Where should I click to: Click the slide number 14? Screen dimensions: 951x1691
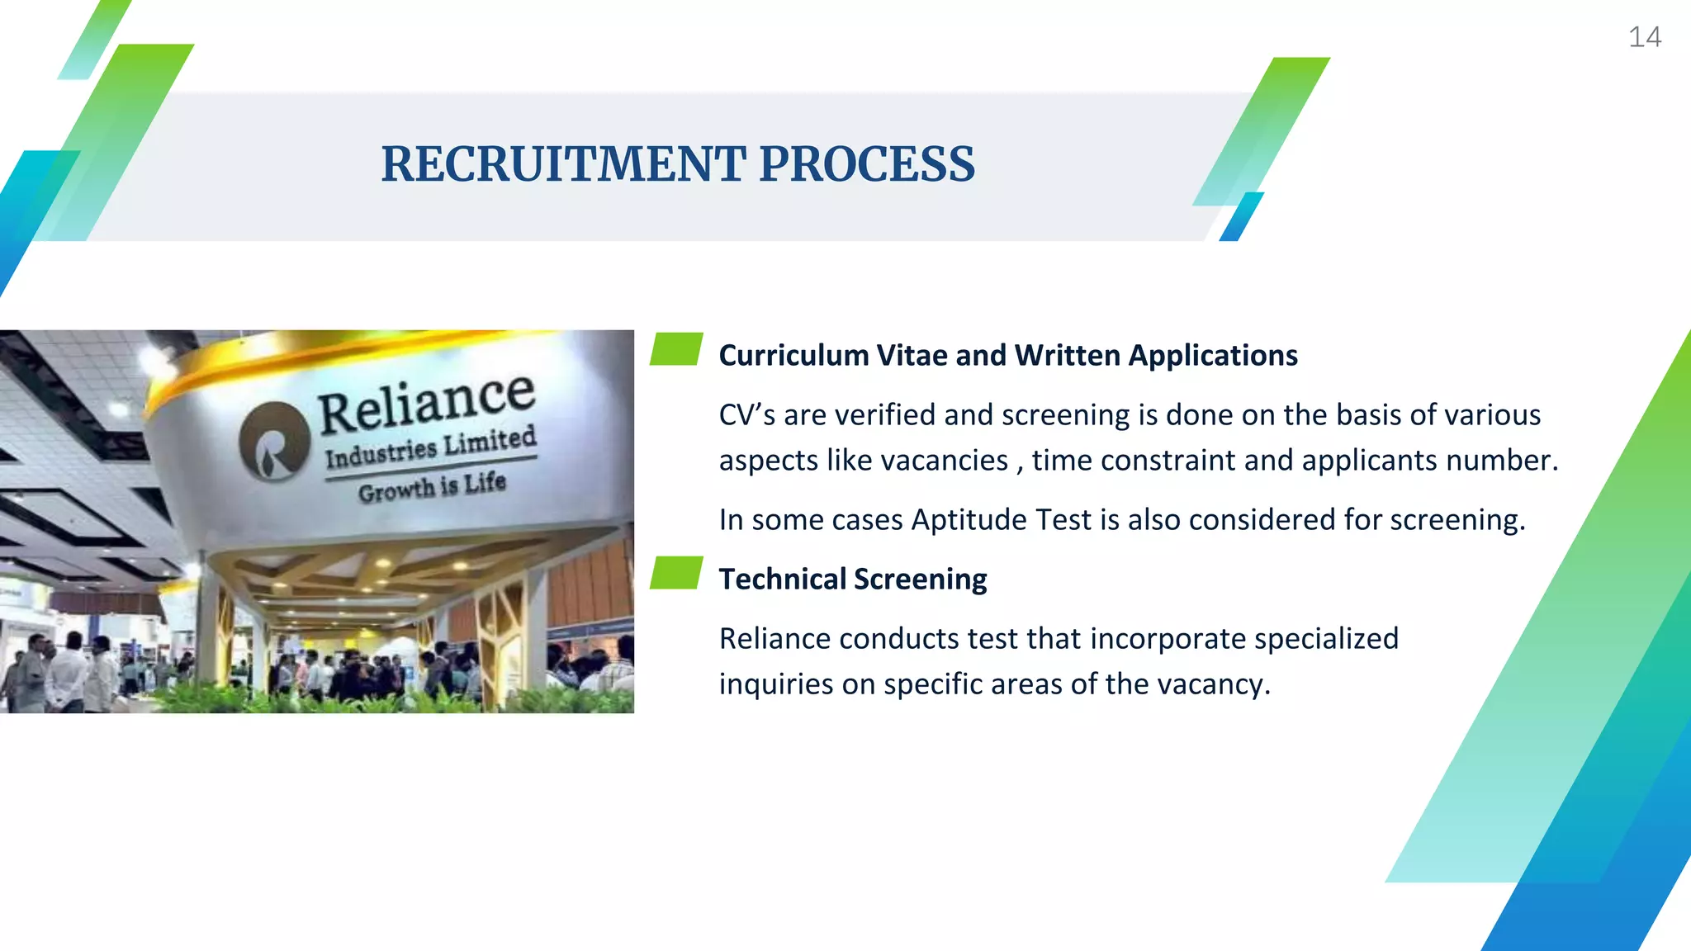pos(1644,37)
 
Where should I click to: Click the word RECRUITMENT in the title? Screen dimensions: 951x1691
pos(563,164)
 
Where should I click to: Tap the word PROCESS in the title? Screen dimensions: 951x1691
pos(867,164)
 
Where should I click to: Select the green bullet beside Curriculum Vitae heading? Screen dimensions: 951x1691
pos(676,349)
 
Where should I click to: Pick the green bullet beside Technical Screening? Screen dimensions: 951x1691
pos(676,573)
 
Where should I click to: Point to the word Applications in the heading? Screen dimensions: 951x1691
pos(1213,356)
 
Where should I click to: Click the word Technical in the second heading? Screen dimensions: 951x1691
pos(781,580)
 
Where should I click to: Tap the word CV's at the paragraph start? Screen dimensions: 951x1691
pos(746,415)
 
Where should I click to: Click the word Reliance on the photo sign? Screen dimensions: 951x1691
pos(426,402)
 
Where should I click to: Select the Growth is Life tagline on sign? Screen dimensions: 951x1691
pos(432,487)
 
